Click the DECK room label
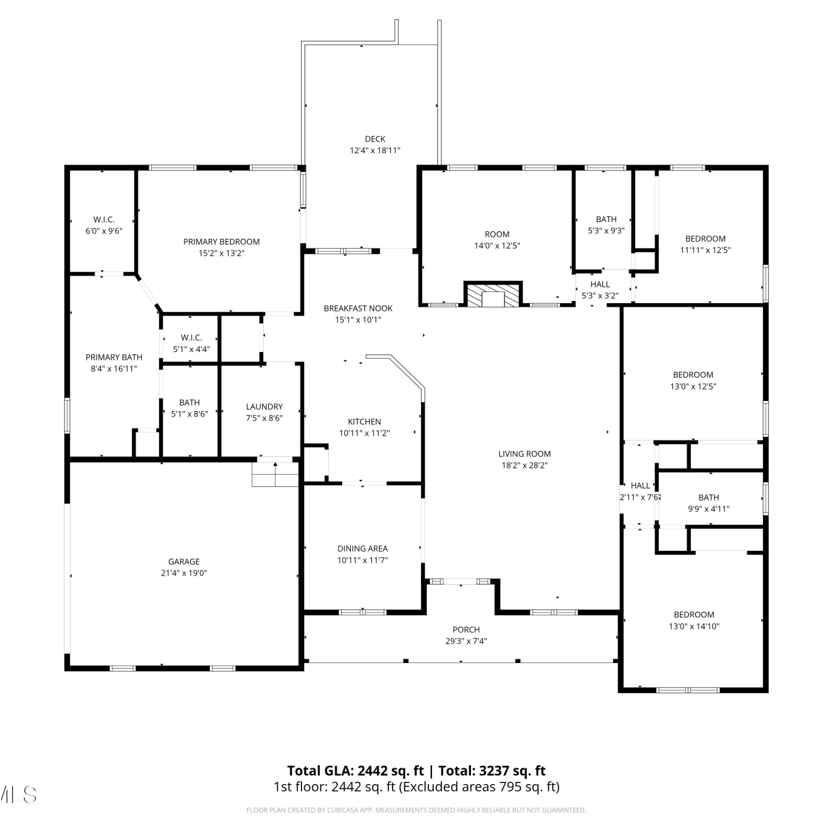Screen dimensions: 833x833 pyautogui.click(x=375, y=139)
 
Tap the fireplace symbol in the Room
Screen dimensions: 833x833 pyautogui.click(x=493, y=294)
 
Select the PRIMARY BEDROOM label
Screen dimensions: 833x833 pyautogui.click(x=222, y=242)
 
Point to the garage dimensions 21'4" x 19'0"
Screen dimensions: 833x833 pyautogui.click(x=184, y=573)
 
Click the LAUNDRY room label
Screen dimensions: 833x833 pyautogui.click(x=264, y=407)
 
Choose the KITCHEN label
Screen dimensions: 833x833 pyautogui.click(x=364, y=421)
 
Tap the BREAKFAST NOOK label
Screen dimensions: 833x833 pyautogui.click(x=358, y=308)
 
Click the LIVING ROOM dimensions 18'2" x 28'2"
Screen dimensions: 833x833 pyautogui.click(x=525, y=465)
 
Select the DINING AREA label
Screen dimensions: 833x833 pyautogui.click(x=363, y=548)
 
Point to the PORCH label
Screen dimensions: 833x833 pyautogui.click(x=466, y=629)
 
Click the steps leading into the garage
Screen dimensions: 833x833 pyautogui.click(x=275, y=474)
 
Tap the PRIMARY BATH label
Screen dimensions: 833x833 pyautogui.click(x=114, y=357)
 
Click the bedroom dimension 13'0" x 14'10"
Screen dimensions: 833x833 pyautogui.click(x=694, y=626)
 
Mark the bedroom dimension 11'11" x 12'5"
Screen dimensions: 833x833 pyautogui.click(x=705, y=250)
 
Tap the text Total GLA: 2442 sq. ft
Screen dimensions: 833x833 pyautogui.click(x=355, y=771)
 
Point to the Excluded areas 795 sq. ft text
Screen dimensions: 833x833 pyautogui.click(x=479, y=787)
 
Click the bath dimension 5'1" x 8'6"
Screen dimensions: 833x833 pyautogui.click(x=189, y=414)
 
